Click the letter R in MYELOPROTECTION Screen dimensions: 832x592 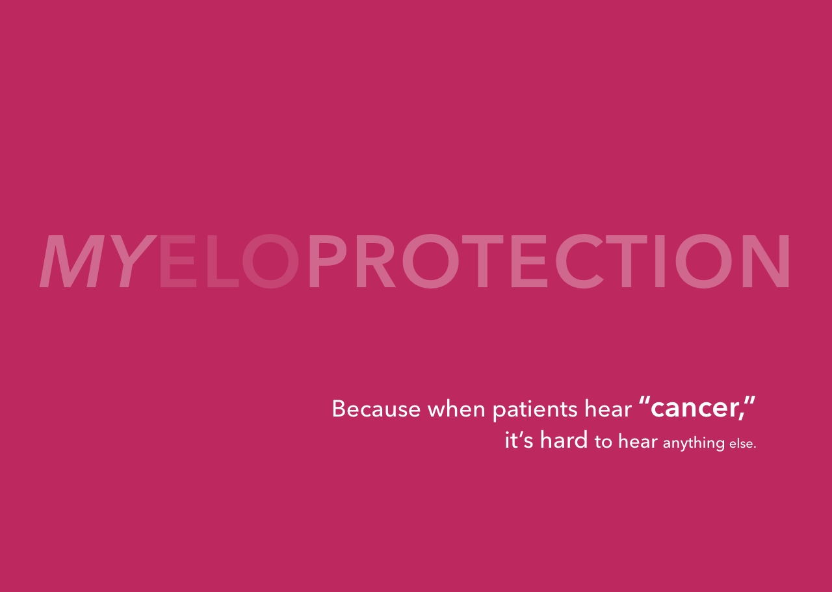click(376, 261)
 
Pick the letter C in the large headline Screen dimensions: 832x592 click(579, 261)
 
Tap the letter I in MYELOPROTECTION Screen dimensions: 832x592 click(660, 261)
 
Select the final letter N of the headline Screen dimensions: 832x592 click(766, 261)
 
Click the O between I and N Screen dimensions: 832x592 click(703, 261)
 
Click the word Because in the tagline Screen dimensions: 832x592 click(376, 409)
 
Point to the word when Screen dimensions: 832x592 click(456, 409)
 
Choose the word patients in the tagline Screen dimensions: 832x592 click(535, 410)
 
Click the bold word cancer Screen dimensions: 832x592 click(694, 409)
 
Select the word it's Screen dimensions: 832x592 click(519, 440)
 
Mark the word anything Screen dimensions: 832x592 click(694, 443)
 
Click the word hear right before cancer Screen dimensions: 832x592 click(608, 409)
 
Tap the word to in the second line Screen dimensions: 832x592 click(603, 442)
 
